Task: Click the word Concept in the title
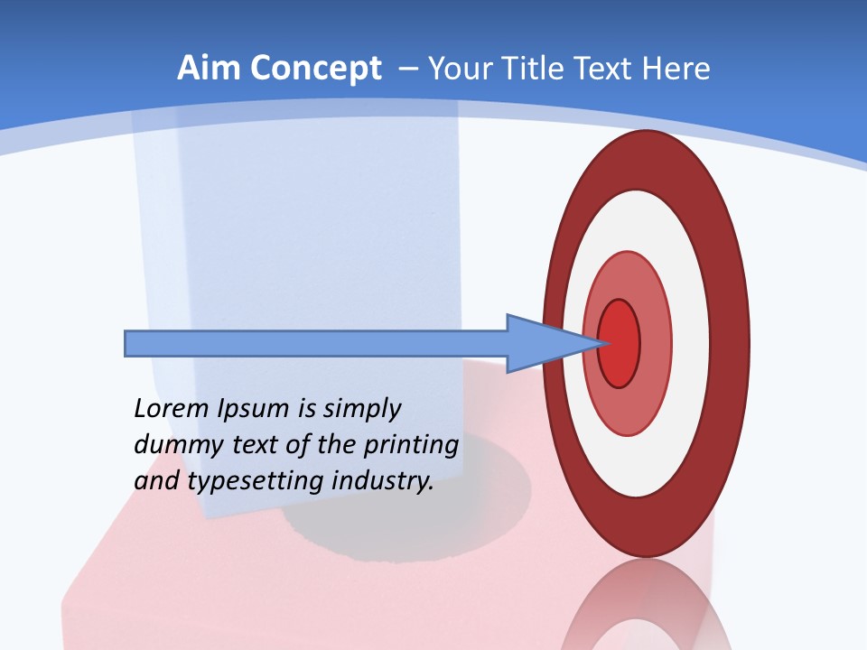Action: click(316, 70)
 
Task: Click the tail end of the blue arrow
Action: click(127, 343)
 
